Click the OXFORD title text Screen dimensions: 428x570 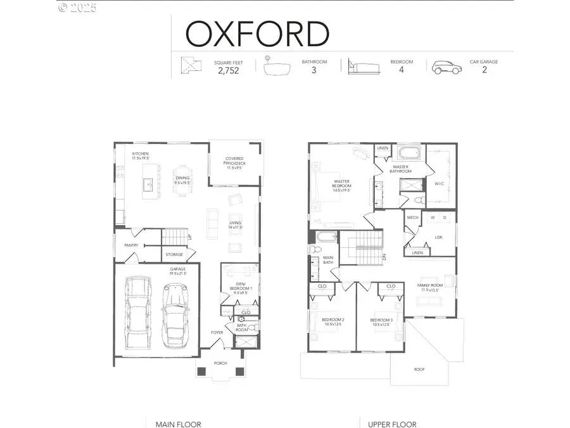[257, 34]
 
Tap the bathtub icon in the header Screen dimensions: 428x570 [276, 67]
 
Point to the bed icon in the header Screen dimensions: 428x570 [361, 67]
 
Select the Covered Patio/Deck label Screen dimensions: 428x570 [234, 164]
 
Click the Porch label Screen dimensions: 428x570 [220, 363]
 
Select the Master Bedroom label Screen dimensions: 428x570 [342, 185]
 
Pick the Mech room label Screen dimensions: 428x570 [413, 217]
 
